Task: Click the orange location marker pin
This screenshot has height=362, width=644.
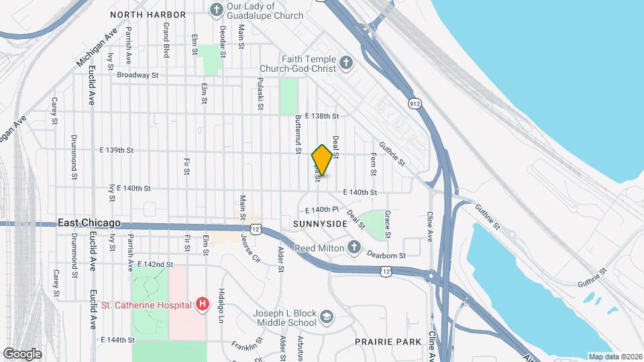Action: (322, 160)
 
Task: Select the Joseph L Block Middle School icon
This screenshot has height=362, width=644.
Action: (326, 316)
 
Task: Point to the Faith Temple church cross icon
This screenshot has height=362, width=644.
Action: (345, 64)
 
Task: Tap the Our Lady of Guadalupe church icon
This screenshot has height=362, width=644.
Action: (216, 9)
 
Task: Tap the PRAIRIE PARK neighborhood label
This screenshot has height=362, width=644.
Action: (388, 342)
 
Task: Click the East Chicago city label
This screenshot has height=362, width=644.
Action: (89, 223)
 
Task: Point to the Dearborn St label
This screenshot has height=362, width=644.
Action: (386, 255)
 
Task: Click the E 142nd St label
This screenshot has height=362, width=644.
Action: (155, 265)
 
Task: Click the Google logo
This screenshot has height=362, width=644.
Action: (22, 353)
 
